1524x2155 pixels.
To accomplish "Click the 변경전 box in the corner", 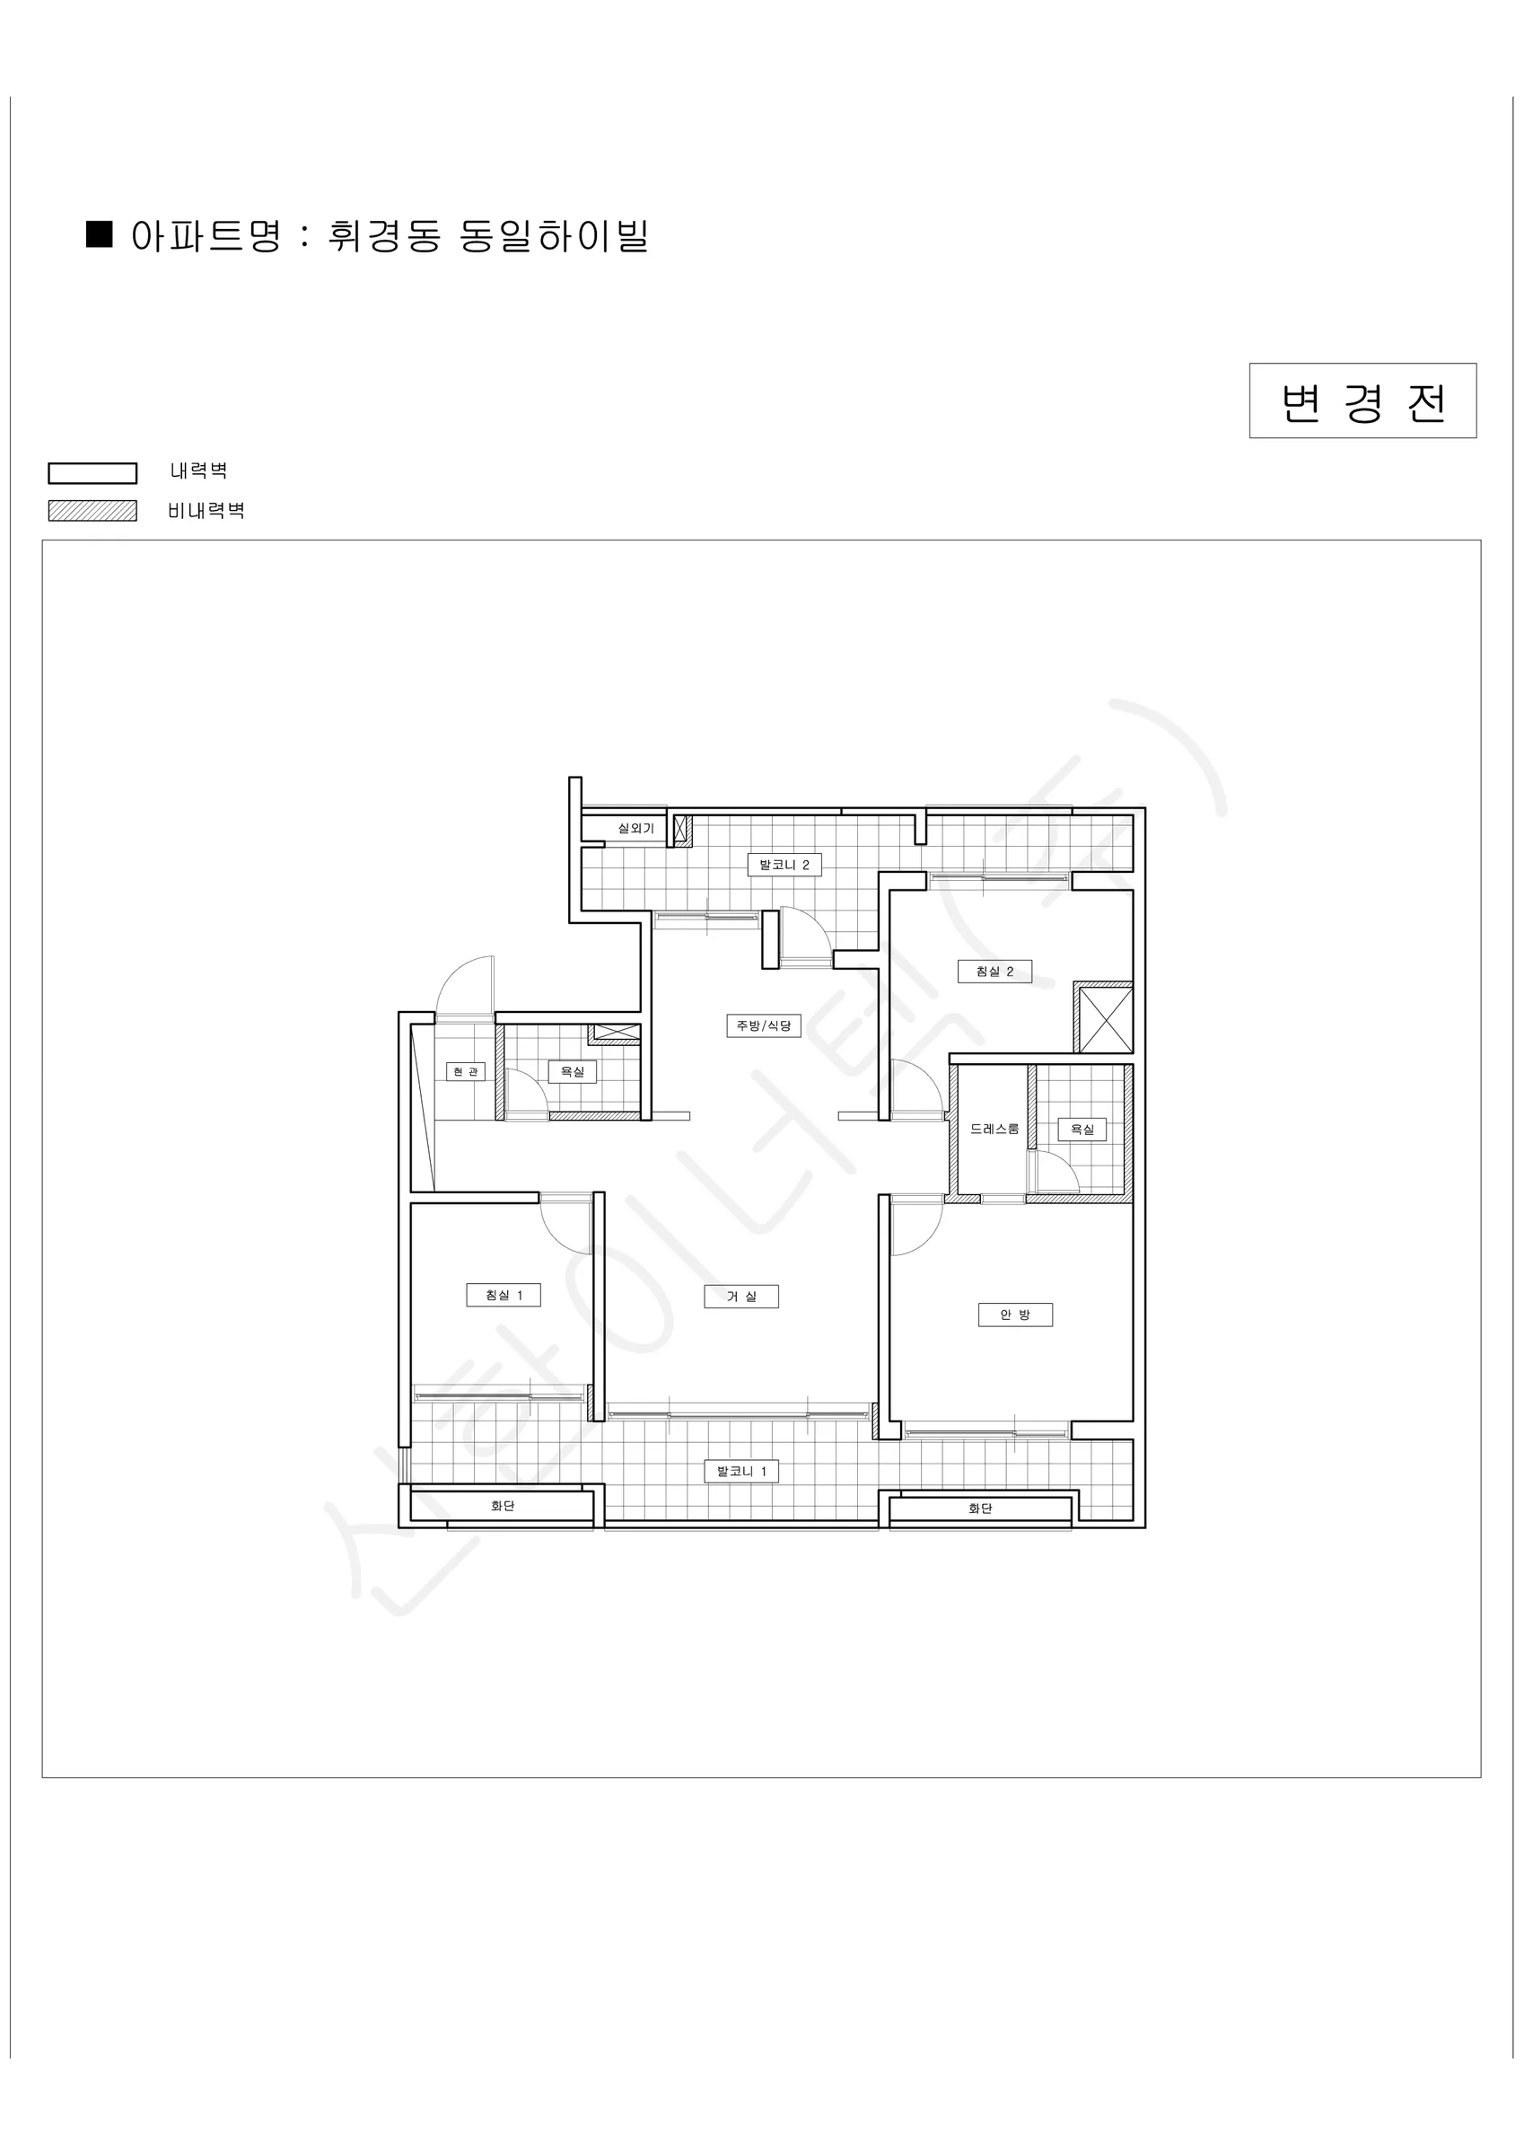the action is point(1362,400).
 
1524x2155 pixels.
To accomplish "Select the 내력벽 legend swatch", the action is point(92,472).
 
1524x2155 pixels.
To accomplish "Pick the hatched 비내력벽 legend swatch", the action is point(92,511).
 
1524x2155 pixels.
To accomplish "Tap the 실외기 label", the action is point(635,828).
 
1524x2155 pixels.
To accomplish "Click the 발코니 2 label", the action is point(784,865).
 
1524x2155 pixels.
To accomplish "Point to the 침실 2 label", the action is point(994,972).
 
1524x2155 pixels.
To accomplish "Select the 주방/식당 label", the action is point(764,1025).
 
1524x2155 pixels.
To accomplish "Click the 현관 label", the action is point(466,1071).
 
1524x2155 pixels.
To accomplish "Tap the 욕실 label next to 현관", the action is point(573,1071).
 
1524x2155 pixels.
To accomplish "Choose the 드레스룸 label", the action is point(994,1129).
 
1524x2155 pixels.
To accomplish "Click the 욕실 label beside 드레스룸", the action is point(1082,1129).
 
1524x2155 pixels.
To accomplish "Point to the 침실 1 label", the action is point(504,1296).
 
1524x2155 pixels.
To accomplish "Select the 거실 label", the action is point(741,1297).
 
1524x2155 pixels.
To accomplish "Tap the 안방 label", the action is point(1014,1315).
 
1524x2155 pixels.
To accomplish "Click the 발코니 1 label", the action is point(741,1471).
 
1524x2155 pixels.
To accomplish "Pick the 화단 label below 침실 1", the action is point(503,1506).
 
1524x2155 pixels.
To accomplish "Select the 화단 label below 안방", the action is point(981,1508).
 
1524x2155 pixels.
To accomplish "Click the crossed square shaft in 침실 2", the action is point(1104,1017).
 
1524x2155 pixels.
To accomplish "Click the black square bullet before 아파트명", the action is point(100,233).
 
